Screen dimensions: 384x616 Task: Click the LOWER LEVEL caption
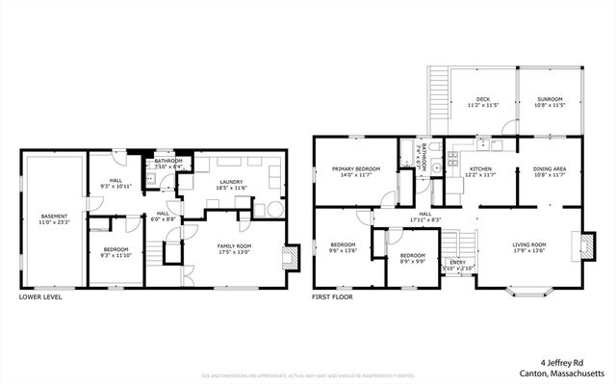coord(41,298)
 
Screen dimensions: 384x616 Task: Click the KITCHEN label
coord(478,169)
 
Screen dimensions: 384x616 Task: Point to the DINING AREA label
coord(549,169)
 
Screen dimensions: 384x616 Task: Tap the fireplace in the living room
coord(580,246)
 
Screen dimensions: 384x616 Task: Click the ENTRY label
coord(456,261)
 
